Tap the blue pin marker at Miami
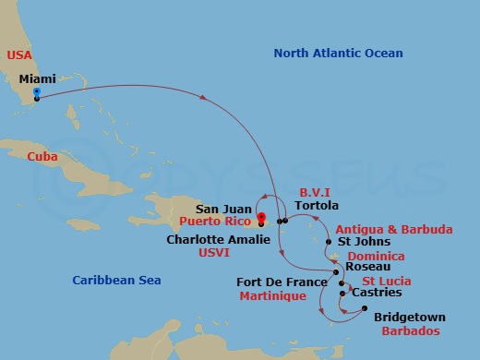(x=36, y=92)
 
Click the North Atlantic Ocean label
(x=338, y=54)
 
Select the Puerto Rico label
(x=218, y=222)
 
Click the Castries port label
(x=377, y=293)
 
